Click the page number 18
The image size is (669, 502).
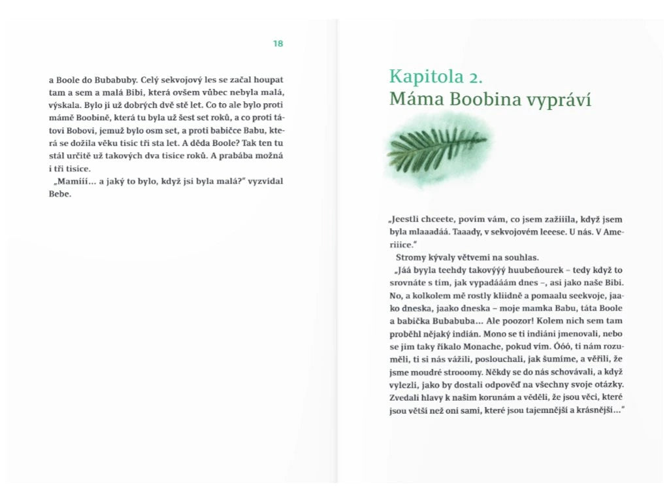(x=278, y=44)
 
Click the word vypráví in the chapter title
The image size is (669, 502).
(x=563, y=99)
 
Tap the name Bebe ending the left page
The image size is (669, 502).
(x=59, y=194)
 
